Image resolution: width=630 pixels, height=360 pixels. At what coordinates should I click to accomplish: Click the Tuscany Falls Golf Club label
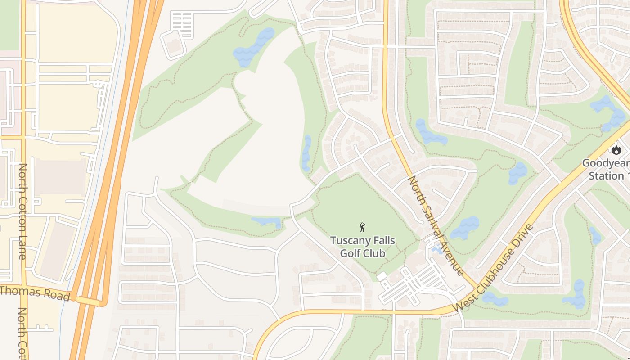(363, 247)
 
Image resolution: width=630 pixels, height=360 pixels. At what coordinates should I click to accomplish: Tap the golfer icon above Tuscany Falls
(362, 228)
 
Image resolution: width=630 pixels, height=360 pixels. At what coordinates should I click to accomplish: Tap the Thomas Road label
(35, 293)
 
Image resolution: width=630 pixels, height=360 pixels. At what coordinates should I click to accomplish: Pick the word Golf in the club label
(350, 253)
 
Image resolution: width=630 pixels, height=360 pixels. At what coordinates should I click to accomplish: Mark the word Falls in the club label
(383, 240)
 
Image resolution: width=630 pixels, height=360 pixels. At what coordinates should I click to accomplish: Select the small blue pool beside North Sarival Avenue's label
(436, 248)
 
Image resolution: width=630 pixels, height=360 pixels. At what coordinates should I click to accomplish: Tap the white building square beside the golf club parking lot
(382, 276)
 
